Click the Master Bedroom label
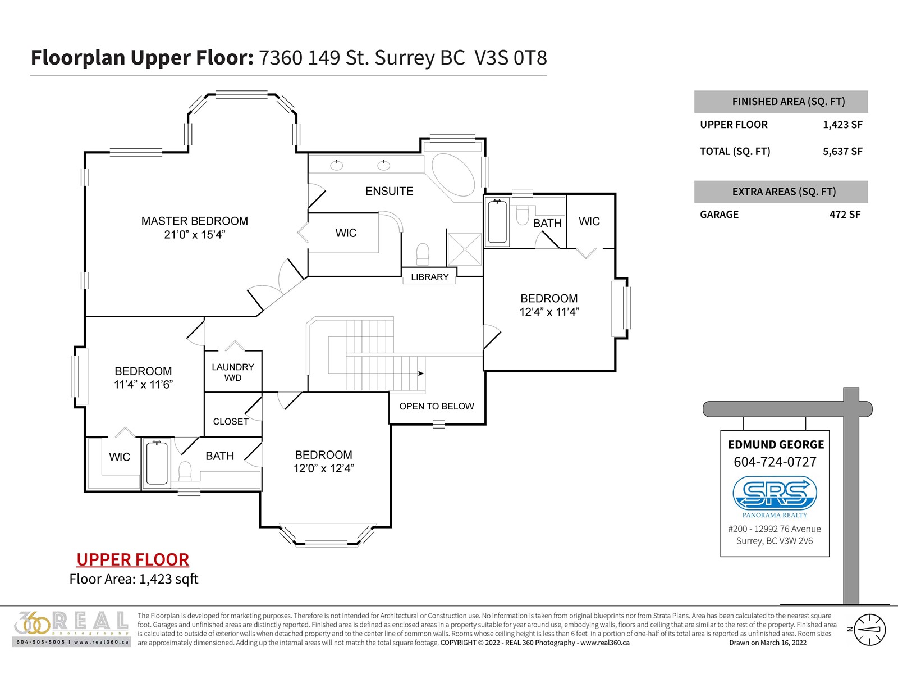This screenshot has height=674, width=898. tap(195, 221)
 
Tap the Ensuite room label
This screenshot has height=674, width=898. tap(389, 191)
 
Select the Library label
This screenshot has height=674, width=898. tap(429, 277)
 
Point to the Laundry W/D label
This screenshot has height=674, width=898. tap(233, 372)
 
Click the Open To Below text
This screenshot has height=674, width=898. tap(437, 406)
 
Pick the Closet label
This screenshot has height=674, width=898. tap(231, 421)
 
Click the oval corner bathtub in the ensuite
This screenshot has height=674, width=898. tap(453, 175)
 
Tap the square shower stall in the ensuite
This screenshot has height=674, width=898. tap(465, 249)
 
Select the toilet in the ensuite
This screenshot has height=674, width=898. tap(423, 254)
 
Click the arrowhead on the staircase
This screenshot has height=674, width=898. tap(420, 373)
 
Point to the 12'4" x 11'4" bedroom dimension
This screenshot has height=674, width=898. tap(549, 312)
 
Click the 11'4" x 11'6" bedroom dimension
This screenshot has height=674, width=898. tap(143, 385)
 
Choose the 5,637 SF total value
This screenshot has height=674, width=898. tap(842, 152)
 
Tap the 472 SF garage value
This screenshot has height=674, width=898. tap(845, 215)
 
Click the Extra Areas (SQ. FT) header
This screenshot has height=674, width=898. tap(784, 192)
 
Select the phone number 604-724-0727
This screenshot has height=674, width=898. tap(775, 462)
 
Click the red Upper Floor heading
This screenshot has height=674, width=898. tap(132, 559)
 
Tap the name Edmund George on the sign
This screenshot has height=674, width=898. tap(776, 444)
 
